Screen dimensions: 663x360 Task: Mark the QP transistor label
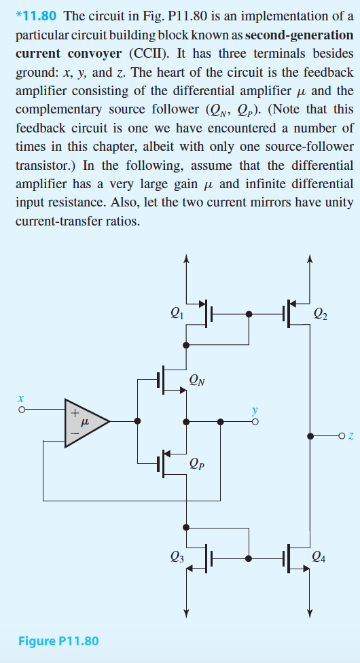[x=198, y=465]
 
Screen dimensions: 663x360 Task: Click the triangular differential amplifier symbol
[x=85, y=421]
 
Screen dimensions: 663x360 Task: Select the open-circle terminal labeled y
[x=255, y=422]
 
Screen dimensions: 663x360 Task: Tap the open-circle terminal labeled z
[x=343, y=435]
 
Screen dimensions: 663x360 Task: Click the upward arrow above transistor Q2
[x=310, y=262]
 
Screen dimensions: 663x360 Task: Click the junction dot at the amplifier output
[x=138, y=421]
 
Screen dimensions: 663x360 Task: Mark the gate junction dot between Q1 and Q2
[x=249, y=315]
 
